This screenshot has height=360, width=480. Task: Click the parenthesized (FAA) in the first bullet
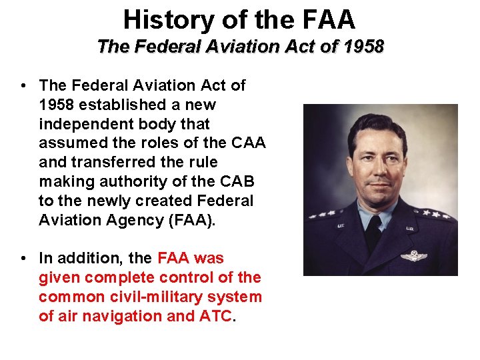[x=193, y=220]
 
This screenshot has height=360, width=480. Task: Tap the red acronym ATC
[x=216, y=316]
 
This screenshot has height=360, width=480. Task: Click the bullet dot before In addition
[x=23, y=258]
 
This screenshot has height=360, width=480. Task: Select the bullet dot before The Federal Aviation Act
[x=23, y=85]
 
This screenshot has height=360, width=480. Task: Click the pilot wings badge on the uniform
[x=413, y=255]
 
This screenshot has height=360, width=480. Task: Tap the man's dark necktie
[x=375, y=230]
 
